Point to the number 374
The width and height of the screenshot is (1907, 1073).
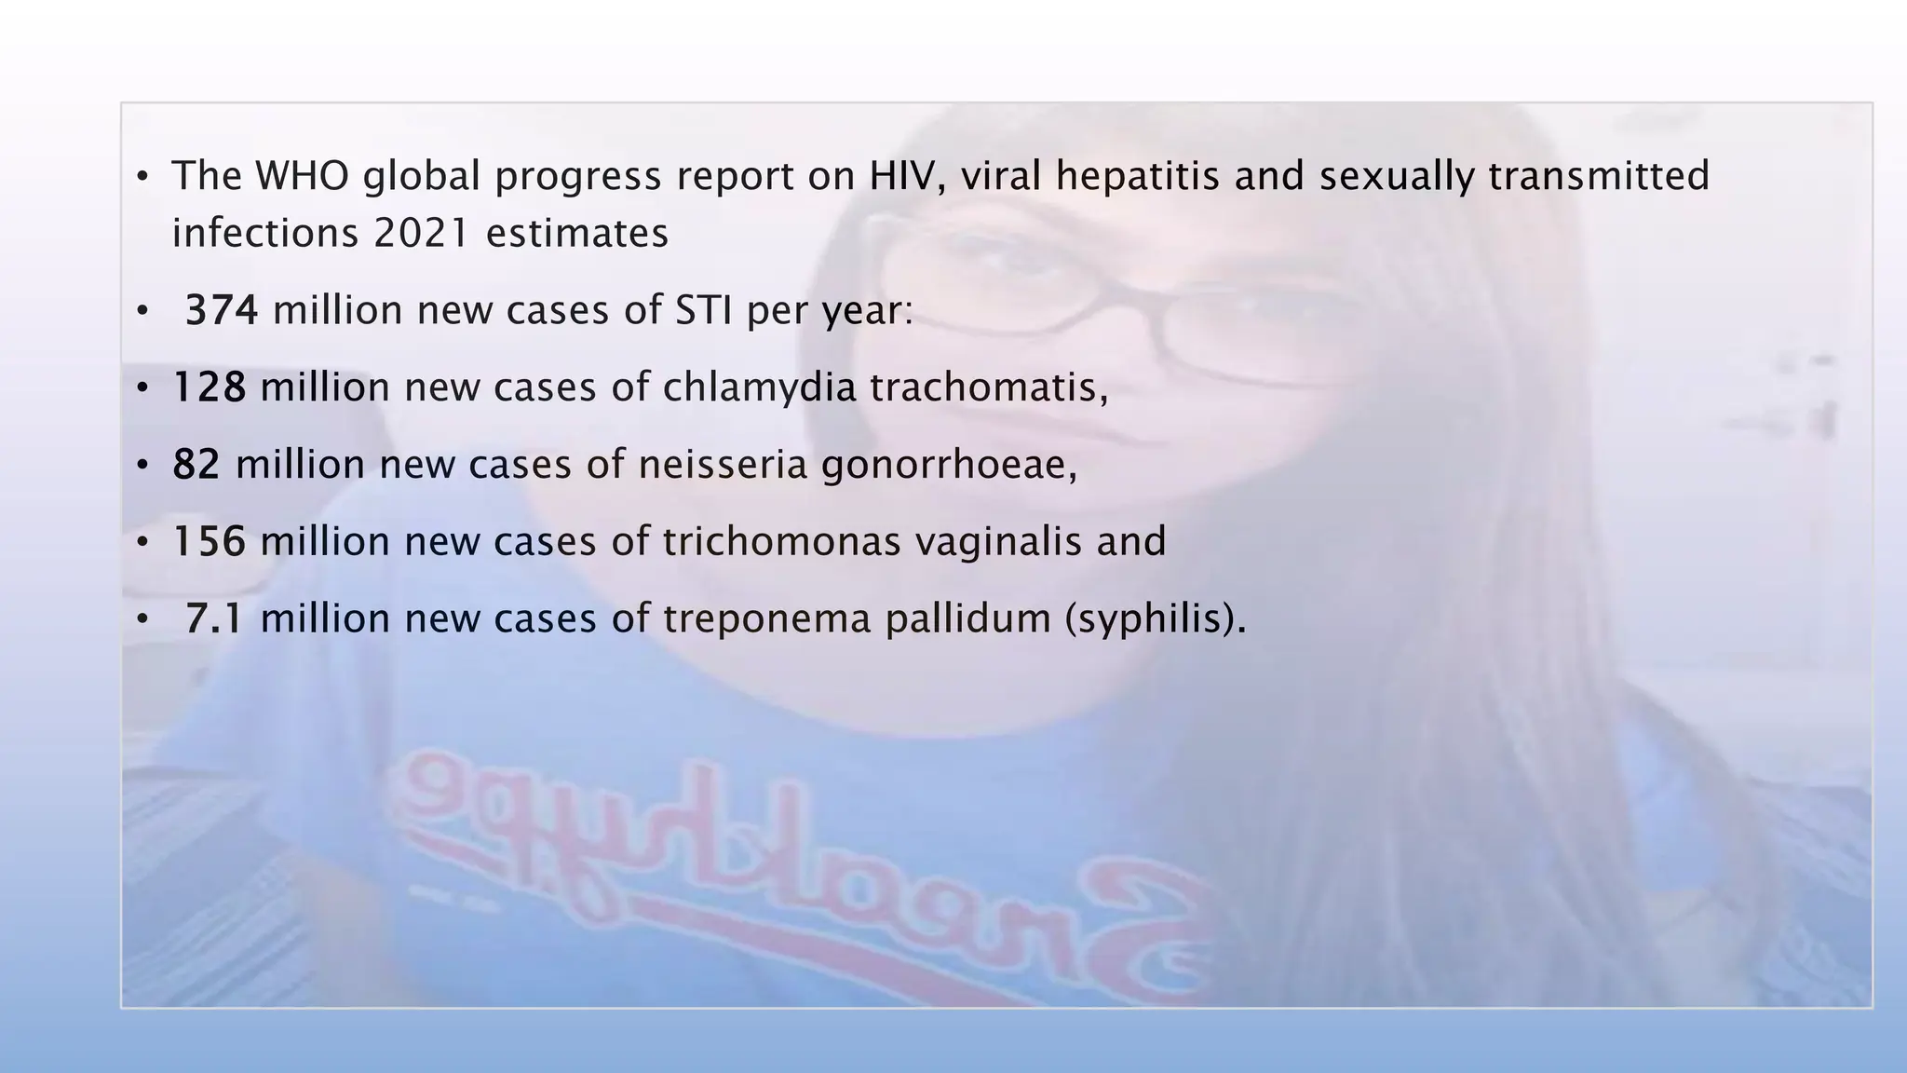pos(222,310)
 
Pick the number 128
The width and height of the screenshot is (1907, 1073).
pos(210,387)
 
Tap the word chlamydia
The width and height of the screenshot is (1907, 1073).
pos(759,387)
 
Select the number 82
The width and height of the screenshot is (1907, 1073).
pos(196,465)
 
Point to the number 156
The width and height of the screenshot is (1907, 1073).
pos(210,542)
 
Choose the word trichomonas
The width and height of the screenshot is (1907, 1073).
pos(782,542)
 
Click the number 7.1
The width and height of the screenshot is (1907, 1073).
pos(214,619)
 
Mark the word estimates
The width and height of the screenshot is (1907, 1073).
pos(577,233)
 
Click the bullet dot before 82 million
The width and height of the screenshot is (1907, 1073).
pos(142,465)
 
